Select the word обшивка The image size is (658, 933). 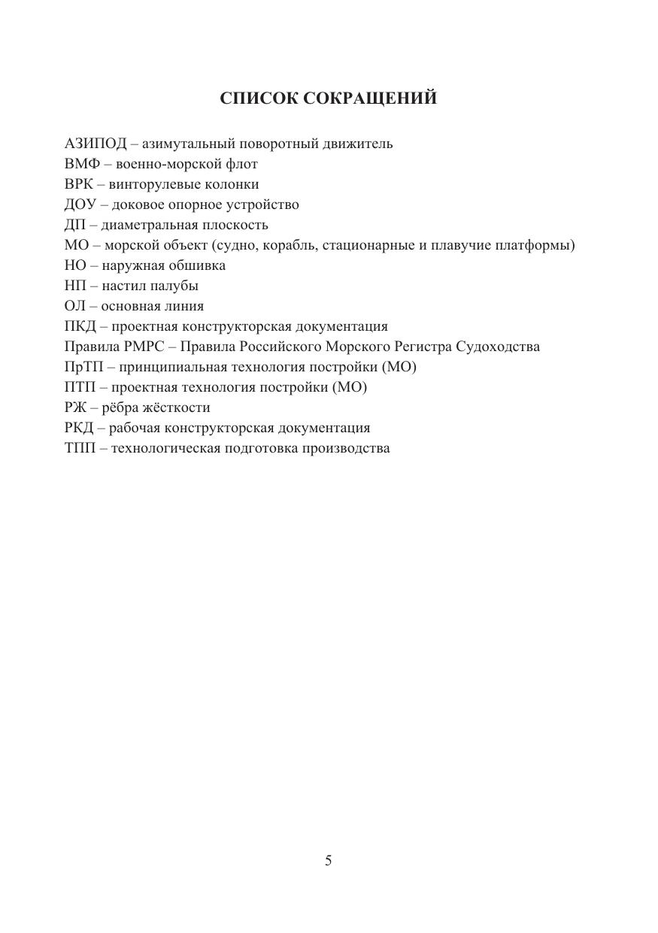199,265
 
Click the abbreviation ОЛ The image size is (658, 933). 76,306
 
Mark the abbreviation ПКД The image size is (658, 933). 80,326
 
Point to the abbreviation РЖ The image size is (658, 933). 77,407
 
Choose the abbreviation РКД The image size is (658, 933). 80,428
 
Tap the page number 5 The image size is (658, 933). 328,861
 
